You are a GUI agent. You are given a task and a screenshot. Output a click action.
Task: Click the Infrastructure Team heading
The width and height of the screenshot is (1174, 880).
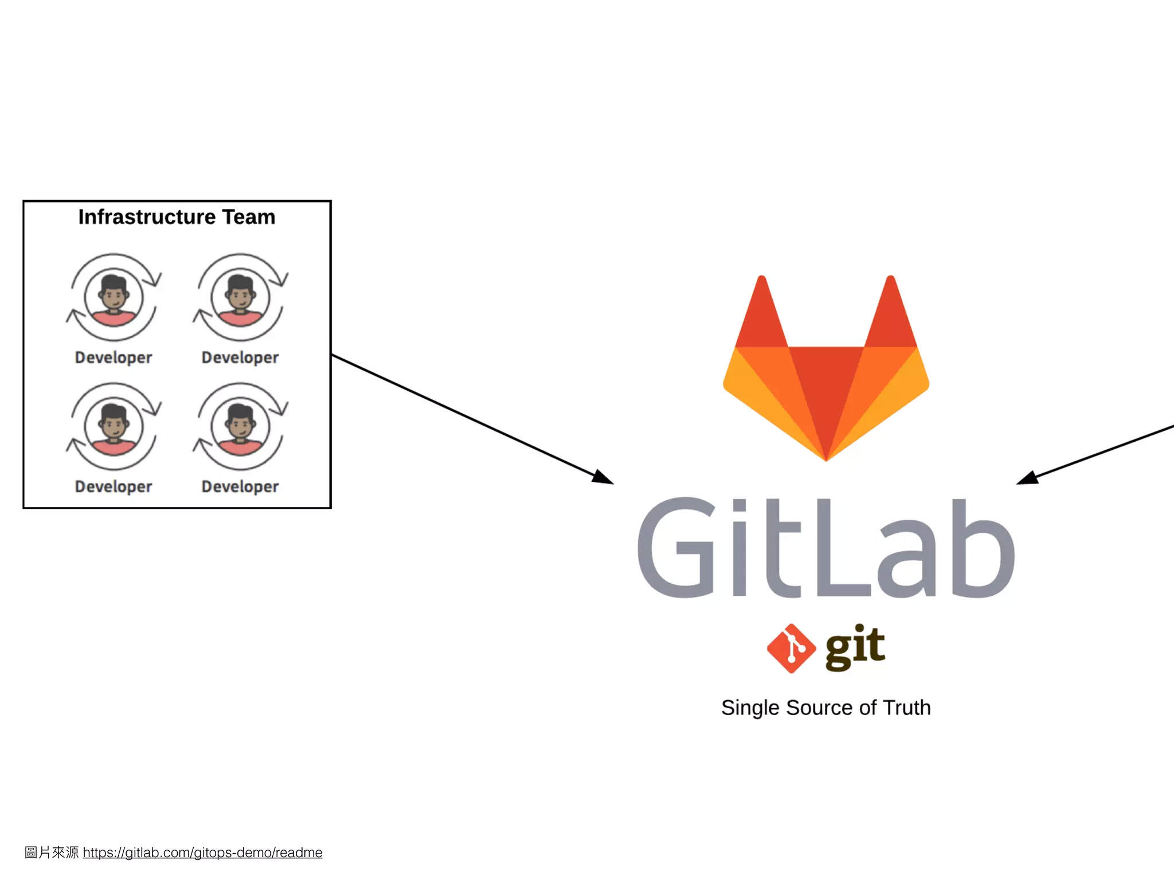(x=177, y=217)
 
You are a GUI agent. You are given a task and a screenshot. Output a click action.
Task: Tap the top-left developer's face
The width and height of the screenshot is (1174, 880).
(x=114, y=295)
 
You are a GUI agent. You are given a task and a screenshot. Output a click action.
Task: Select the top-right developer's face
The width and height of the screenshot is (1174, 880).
(x=240, y=295)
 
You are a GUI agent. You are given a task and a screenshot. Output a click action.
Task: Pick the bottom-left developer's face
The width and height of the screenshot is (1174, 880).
(x=114, y=425)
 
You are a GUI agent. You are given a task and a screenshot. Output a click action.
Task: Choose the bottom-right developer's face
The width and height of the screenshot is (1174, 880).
(x=240, y=425)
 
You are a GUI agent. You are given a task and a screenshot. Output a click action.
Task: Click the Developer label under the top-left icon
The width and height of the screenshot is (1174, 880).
(x=114, y=357)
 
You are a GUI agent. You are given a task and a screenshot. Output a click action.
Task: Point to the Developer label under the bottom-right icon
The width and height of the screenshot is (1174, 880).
(x=240, y=486)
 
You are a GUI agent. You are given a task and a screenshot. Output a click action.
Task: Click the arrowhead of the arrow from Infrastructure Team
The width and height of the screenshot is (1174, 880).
(x=604, y=478)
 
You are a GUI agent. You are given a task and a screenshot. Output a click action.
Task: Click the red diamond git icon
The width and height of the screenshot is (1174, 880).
(x=791, y=648)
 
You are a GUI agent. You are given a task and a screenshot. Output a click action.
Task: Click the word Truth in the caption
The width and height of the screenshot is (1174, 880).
(x=906, y=708)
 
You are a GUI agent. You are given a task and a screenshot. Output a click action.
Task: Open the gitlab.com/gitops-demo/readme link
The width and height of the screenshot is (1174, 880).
(x=202, y=852)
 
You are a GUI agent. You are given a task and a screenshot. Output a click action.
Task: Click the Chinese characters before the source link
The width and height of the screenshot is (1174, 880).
(x=52, y=852)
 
